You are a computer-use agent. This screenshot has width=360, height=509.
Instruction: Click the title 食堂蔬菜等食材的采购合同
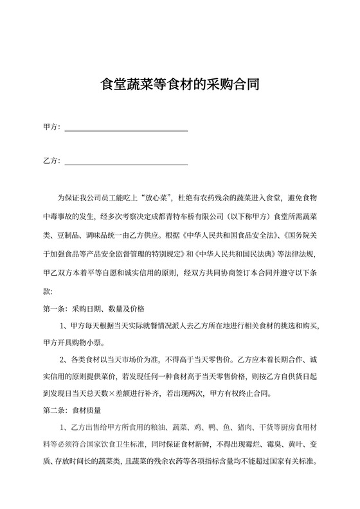coord(180,84)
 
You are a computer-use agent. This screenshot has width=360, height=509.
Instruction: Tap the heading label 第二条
coord(54,408)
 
